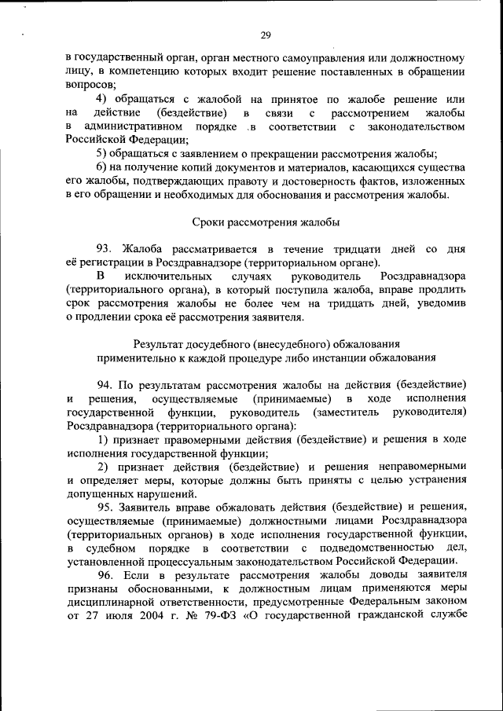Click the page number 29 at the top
[266, 35]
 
